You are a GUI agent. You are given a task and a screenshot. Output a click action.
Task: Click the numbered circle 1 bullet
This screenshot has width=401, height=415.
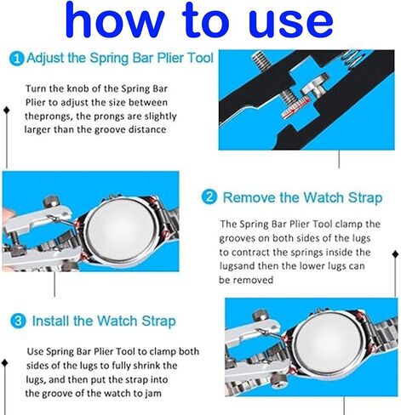pos(17,59)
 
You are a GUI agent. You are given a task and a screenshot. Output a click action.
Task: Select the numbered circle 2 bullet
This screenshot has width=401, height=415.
pos(209,197)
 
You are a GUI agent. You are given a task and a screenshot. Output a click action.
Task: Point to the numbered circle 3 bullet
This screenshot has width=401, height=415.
pos(17,321)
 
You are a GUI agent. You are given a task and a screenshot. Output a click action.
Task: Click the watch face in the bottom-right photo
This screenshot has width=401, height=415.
pos(327,345)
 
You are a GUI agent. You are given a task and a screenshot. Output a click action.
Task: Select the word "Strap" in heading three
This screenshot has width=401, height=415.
pos(157,321)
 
